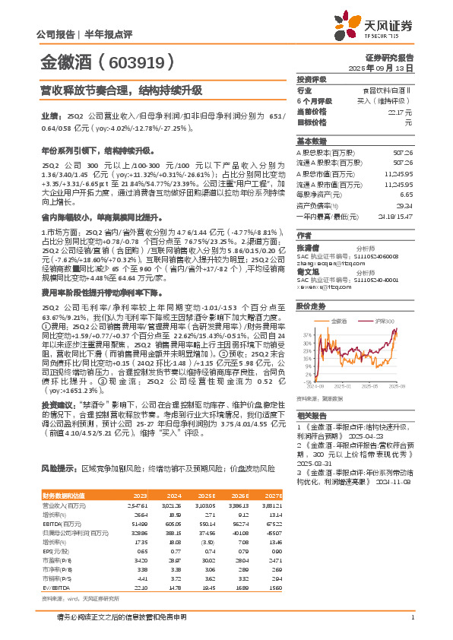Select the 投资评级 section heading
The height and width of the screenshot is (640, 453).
tap(312, 79)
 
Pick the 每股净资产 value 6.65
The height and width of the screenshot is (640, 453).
tap(406, 195)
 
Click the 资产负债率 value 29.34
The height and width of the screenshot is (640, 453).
tap(405, 205)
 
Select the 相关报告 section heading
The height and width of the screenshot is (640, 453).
tap(312, 417)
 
